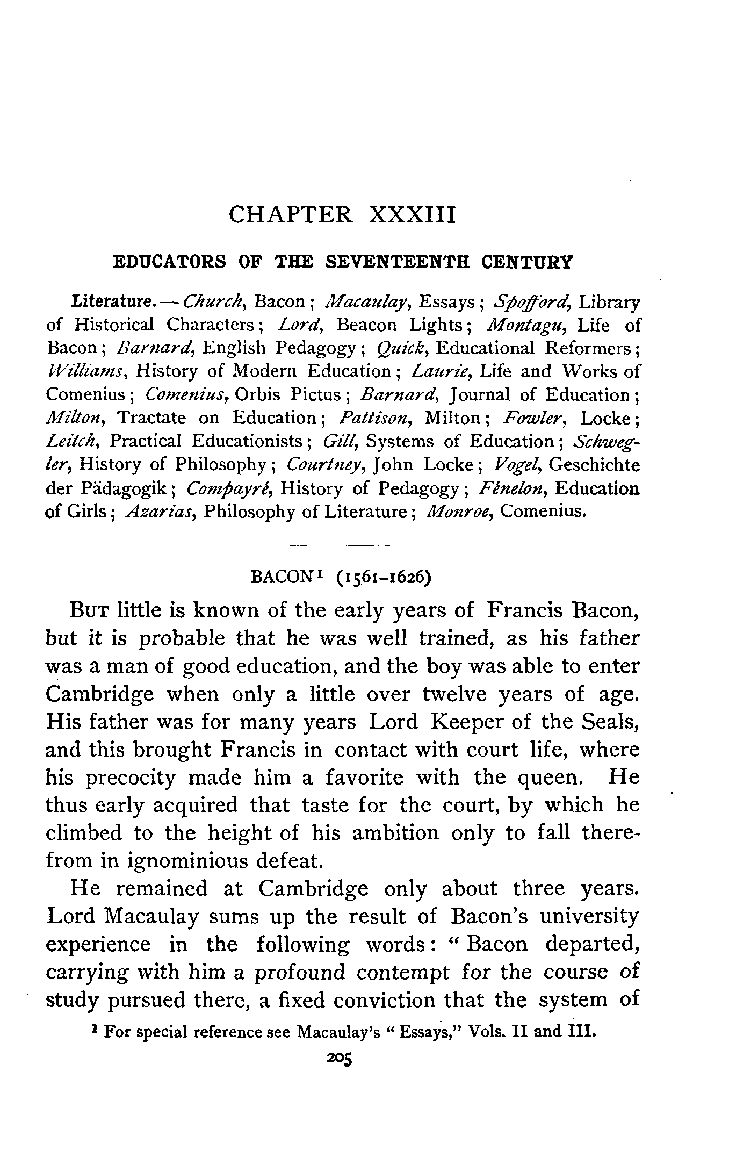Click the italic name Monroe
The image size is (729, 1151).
[x=459, y=511]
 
